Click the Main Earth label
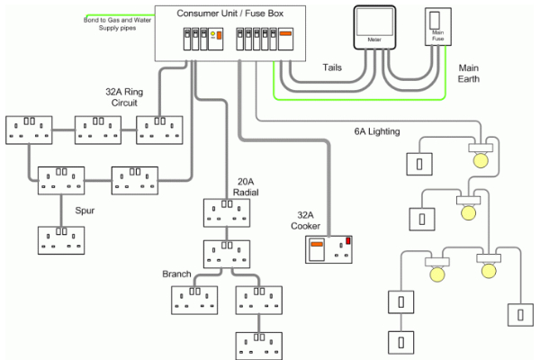pos(470,73)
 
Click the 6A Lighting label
pos(376,132)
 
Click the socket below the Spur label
pos(61,240)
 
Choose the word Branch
pos(176,274)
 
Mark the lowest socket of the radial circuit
pos(259,345)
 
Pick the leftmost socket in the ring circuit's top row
pos(30,128)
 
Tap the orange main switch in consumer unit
pos(287,40)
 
